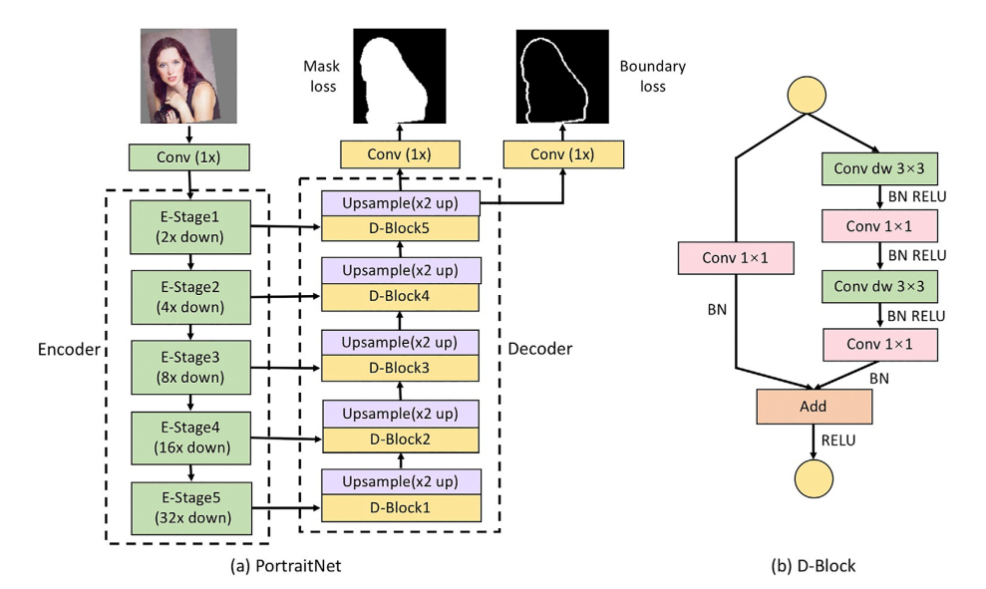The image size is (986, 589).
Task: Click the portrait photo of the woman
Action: point(188,76)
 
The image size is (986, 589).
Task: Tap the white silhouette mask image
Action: point(400,77)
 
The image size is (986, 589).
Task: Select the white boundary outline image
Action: point(562,77)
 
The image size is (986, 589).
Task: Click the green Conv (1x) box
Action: point(188,157)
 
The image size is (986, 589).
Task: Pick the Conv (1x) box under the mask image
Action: point(400,154)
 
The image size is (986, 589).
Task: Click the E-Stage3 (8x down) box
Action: point(189,368)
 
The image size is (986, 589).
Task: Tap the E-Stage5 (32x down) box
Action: point(189,509)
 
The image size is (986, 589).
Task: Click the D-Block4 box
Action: point(401,297)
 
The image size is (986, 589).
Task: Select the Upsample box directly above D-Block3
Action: point(401,341)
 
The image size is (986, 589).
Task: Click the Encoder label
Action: point(68,350)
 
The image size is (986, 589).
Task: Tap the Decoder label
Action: point(539,350)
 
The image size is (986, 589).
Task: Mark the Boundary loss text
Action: point(652,77)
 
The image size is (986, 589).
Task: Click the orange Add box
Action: point(814,407)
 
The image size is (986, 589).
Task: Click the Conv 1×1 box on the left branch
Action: point(737,258)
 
